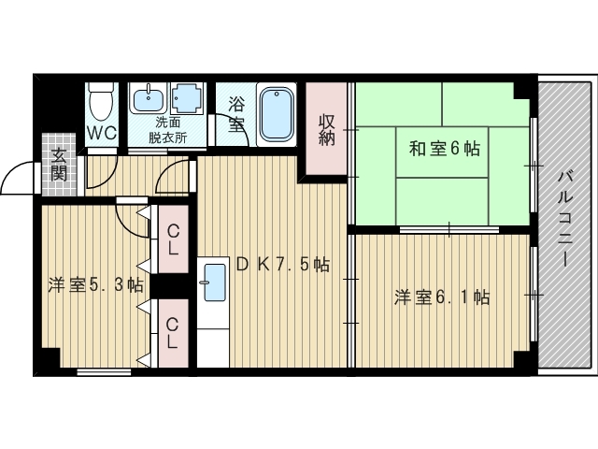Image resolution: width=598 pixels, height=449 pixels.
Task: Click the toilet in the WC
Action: (102, 96)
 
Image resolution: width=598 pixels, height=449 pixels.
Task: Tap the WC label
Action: (102, 133)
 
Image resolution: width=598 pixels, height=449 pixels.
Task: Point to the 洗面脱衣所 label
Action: (168, 130)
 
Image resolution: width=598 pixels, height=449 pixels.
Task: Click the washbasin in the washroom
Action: (148, 97)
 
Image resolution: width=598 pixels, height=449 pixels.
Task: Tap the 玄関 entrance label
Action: (59, 165)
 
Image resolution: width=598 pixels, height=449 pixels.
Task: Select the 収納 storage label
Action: (326, 130)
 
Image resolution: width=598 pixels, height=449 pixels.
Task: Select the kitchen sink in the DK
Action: (213, 280)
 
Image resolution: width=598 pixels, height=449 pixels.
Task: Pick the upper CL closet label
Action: (173, 240)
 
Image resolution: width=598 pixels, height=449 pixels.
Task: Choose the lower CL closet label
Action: (173, 333)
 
